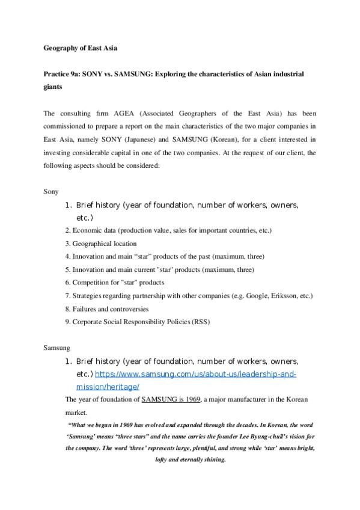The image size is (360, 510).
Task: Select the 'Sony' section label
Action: pos(52,191)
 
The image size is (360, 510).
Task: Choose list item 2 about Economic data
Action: pos(168,230)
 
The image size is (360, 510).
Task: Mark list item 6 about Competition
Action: pos(114,282)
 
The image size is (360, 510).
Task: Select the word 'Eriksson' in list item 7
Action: pos(273,295)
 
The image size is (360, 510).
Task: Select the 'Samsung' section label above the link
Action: pos(57,348)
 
